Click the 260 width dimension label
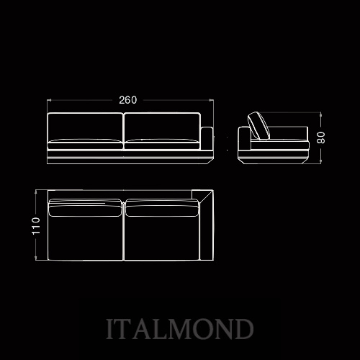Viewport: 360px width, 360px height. [128, 100]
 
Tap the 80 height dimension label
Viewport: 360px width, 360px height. [321, 138]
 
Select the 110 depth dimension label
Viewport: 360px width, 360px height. [36, 225]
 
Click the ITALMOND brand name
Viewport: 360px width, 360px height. [180, 329]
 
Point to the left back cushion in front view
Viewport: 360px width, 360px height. [85, 127]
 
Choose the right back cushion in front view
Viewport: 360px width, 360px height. [162, 127]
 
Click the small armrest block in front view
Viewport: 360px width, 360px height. [207, 139]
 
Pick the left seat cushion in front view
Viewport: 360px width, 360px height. [85, 144]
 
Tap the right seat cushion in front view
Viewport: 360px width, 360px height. [162, 144]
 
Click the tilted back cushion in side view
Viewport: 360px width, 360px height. [258, 126]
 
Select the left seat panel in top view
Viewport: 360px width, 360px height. [86, 238]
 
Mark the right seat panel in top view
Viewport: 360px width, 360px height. [162, 238]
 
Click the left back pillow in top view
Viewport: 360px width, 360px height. [85, 208]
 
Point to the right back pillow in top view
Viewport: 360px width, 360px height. [162, 208]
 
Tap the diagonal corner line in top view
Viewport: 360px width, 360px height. [206, 197]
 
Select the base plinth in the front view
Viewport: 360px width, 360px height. [130, 158]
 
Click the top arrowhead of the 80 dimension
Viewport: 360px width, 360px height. [320, 114]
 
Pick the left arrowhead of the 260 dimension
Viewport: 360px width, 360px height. [49, 100]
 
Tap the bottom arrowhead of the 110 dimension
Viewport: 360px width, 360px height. [36, 258]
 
